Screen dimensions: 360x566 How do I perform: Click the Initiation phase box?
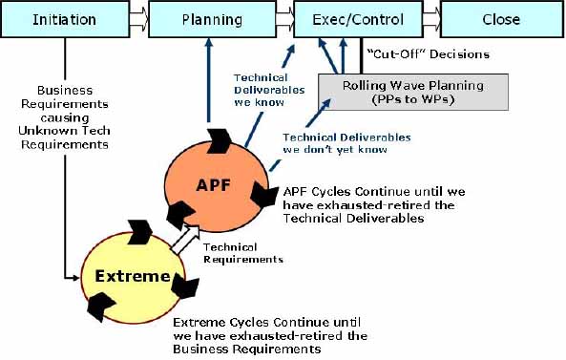(65, 19)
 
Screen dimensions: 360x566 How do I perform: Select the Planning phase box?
(205, 19)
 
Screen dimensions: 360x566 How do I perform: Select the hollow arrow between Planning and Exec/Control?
(279, 19)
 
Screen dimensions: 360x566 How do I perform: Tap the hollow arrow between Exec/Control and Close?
(429, 19)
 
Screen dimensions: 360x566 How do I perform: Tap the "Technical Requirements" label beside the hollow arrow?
(243, 253)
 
